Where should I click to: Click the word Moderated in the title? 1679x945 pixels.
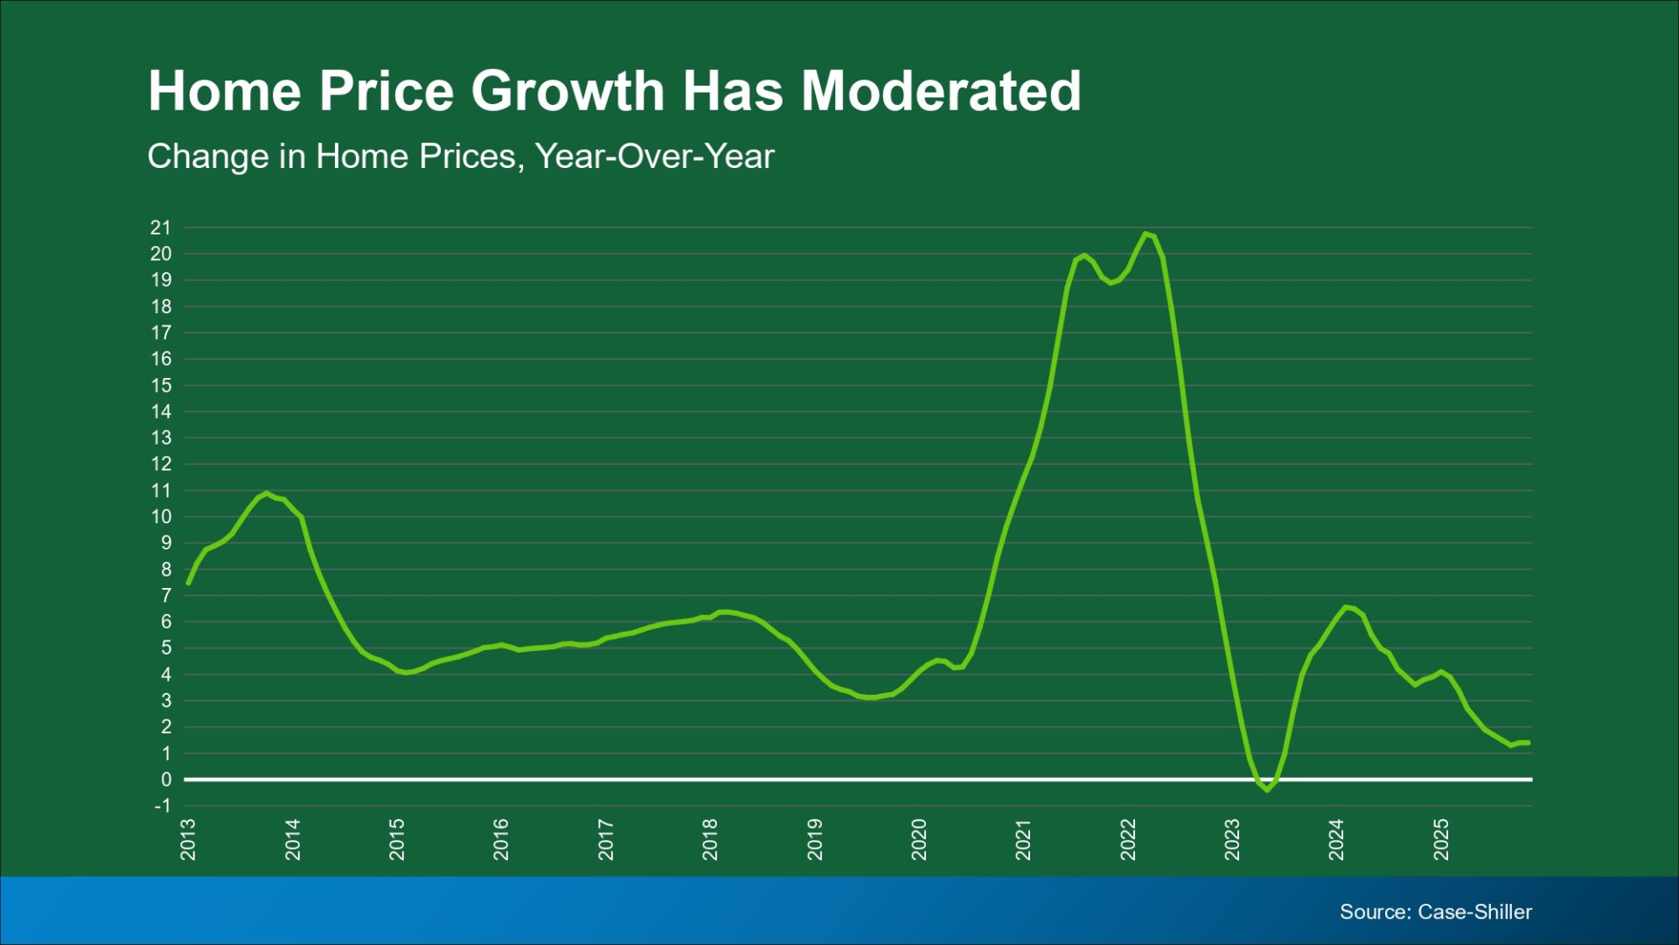pos(942,91)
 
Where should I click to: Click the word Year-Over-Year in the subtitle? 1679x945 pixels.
pos(655,157)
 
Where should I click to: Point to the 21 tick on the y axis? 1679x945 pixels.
pos(161,227)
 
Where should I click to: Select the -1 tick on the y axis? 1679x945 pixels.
pos(163,806)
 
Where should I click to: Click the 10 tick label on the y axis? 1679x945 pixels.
pos(161,517)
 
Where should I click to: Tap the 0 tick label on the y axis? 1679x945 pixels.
pos(166,780)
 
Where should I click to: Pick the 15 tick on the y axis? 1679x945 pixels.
pos(161,385)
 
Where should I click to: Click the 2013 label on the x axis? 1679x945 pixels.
pos(188,839)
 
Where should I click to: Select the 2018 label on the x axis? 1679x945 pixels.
pos(710,839)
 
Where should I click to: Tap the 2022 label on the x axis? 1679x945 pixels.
pos(1128,839)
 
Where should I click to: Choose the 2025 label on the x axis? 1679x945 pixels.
pos(1441,839)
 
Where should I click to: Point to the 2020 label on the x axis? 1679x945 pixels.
pos(919,839)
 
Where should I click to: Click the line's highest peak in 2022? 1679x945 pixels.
pos(1146,234)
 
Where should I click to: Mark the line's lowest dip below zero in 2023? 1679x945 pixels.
pos(1267,790)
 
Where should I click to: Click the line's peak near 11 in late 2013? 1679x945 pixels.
pos(267,493)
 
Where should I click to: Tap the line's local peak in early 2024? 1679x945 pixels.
pos(1346,606)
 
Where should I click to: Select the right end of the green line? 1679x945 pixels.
pos(1528,743)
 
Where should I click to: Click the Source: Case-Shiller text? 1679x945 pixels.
pos(1436,912)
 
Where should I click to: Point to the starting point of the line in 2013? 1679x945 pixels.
pos(188,583)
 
